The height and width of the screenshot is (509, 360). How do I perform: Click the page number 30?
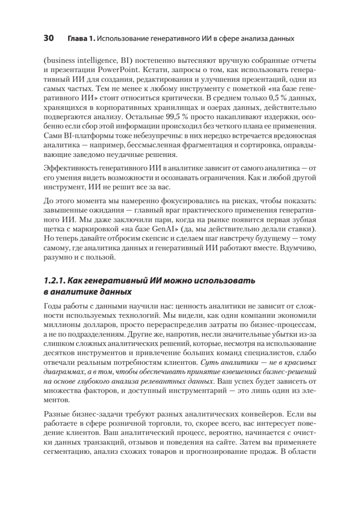tap(48, 39)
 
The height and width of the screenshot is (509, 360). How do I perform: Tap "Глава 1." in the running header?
tap(81, 39)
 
